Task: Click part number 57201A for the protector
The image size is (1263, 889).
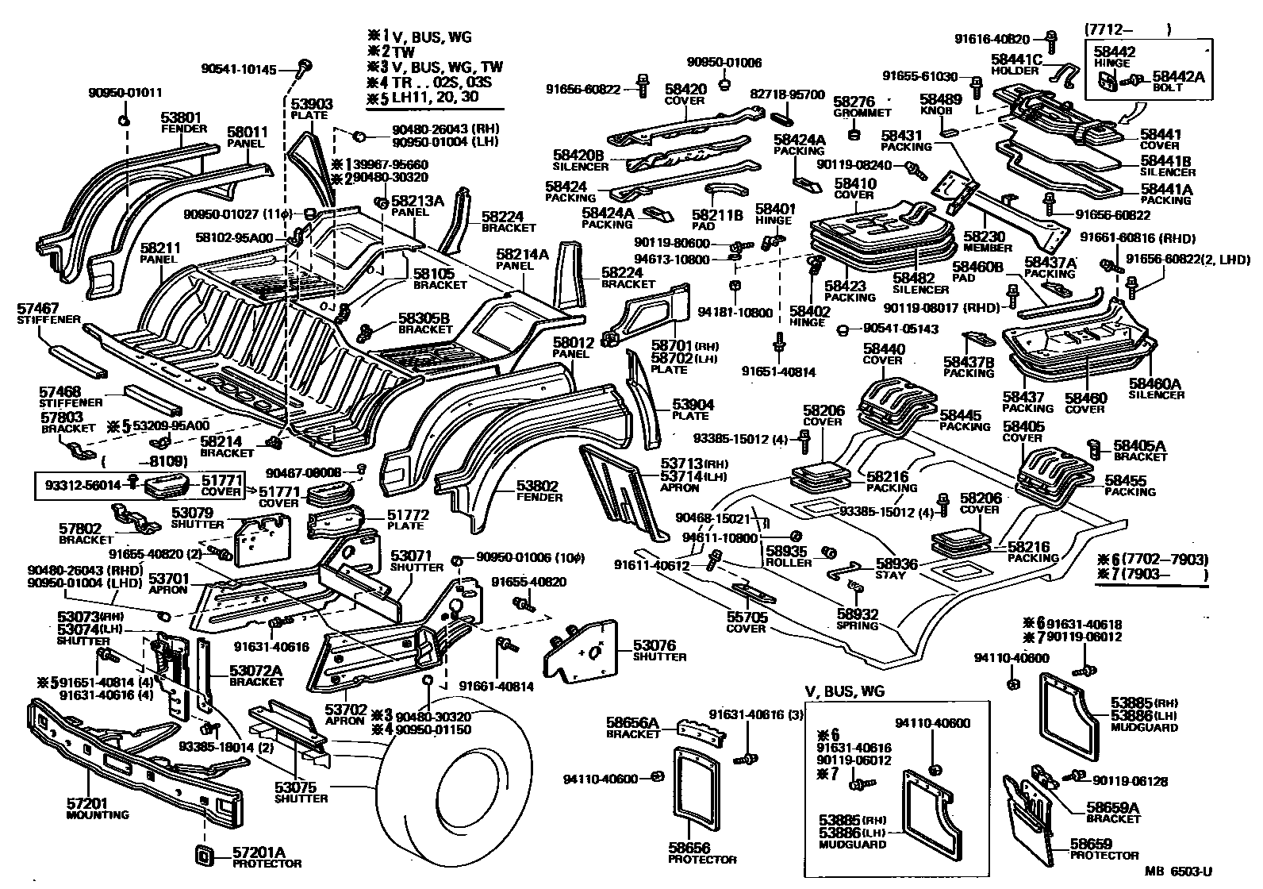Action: coord(258,852)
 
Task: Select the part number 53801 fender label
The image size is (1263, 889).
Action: coord(182,117)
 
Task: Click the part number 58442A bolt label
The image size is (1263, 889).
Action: coord(1178,76)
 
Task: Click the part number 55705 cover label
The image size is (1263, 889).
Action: coord(747,617)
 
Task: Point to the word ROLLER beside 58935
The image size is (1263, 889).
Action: coord(788,562)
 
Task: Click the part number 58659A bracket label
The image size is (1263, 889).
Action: coord(1112,808)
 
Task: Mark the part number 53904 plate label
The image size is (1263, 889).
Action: coord(693,405)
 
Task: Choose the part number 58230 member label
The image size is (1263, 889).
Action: coord(984,237)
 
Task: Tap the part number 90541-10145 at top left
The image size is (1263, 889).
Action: coord(239,70)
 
